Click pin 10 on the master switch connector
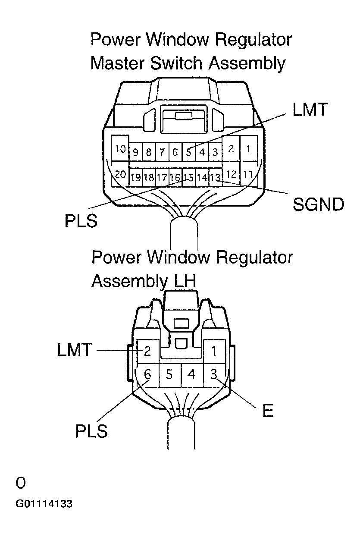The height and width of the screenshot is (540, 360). (x=120, y=149)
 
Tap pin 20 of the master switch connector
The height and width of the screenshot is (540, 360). (x=120, y=175)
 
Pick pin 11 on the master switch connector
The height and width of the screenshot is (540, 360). (x=248, y=175)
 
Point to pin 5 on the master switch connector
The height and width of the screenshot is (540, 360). (x=188, y=152)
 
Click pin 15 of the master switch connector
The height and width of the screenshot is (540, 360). (x=188, y=177)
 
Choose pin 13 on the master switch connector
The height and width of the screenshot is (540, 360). (x=215, y=177)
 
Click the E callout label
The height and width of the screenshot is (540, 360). (x=267, y=411)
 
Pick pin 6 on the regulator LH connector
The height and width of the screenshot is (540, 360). (x=147, y=374)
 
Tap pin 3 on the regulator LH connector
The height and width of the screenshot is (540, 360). (x=213, y=374)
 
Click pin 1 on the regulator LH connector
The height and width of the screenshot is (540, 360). (x=213, y=352)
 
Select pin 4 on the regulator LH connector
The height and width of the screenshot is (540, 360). (x=192, y=375)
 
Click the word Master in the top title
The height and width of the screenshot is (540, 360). (x=117, y=63)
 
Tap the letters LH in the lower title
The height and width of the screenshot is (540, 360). (x=184, y=281)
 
